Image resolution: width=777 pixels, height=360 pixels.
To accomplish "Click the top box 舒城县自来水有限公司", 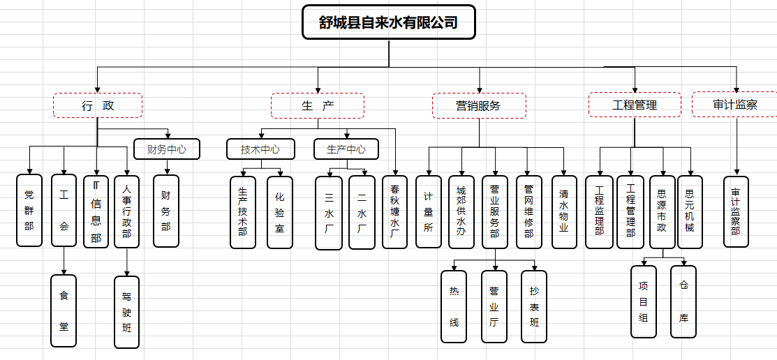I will coord(389,22).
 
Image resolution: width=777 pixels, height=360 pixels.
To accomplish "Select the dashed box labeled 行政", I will coord(98,106).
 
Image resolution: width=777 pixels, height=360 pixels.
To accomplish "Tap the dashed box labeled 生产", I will coord(318,106).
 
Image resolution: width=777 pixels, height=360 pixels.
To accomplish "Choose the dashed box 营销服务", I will coord(479,106).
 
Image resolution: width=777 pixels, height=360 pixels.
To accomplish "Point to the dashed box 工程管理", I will coord(635,105).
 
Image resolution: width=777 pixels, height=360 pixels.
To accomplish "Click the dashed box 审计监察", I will coord(734,105).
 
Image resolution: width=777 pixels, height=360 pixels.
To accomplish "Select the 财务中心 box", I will coord(166,149).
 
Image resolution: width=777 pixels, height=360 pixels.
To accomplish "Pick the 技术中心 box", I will coord(260,149).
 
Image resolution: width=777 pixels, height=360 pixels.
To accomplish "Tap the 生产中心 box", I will coord(346,149).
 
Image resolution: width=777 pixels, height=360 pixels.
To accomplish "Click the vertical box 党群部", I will coord(29,210).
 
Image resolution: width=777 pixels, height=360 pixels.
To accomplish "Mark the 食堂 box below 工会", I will coord(64,310).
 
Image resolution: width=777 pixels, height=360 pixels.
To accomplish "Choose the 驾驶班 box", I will coord(126,311).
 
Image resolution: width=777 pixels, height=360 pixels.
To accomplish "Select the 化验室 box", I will coord(280,212).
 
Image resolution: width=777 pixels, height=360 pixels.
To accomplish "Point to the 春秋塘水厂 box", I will coord(395,211).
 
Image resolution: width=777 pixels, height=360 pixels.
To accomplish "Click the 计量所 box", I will coord(428,211).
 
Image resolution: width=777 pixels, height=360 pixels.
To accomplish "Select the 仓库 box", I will coord(683,301).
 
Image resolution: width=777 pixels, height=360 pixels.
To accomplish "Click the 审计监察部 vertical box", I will coord(736,211).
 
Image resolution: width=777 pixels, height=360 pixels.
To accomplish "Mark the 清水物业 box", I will coord(564,211).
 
